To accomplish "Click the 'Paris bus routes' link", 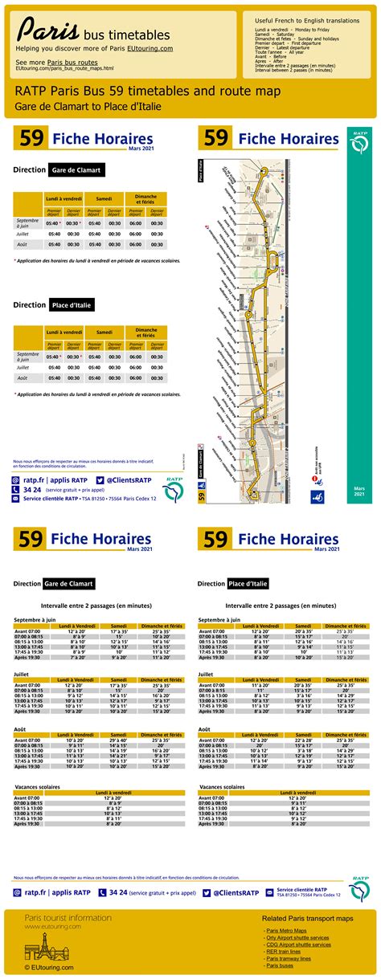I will (72, 62).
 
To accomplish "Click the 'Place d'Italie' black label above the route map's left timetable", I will (72, 305).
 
